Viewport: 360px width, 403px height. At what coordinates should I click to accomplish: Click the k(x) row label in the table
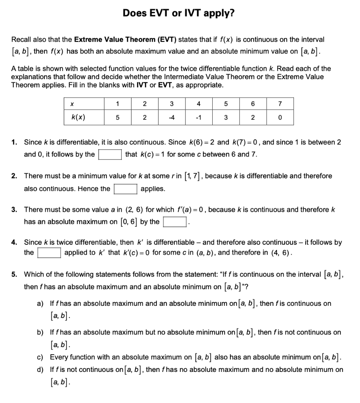pyautogui.click(x=79, y=117)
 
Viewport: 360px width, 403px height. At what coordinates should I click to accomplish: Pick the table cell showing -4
pyautogui.click(x=171, y=117)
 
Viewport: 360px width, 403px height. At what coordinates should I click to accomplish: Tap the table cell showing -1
pyautogui.click(x=199, y=117)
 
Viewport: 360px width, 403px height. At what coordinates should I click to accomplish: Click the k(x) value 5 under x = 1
pyautogui.click(x=117, y=117)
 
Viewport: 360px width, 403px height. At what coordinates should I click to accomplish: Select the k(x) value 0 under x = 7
pyautogui.click(x=280, y=117)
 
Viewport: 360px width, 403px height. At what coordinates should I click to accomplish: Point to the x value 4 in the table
pyautogui.click(x=199, y=104)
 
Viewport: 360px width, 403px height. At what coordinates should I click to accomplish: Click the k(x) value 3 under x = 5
pyautogui.click(x=226, y=117)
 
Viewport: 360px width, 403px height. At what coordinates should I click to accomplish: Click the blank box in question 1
pyautogui.click(x=110, y=154)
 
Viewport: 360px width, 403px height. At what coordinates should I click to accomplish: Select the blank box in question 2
pyautogui.click(x=125, y=189)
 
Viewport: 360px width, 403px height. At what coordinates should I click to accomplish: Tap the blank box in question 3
pyautogui.click(x=174, y=222)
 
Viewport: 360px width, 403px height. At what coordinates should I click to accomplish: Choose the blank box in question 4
pyautogui.click(x=49, y=253)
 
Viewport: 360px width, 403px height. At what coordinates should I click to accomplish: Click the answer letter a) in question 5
pyautogui.click(x=40, y=303)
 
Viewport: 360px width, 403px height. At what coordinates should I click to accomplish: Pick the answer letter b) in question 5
pyautogui.click(x=40, y=333)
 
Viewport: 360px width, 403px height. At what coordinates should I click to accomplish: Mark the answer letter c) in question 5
pyautogui.click(x=40, y=357)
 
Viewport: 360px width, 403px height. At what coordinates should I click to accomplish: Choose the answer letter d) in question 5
pyautogui.click(x=40, y=370)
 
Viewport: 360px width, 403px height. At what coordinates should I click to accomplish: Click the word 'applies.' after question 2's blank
pyautogui.click(x=153, y=189)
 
